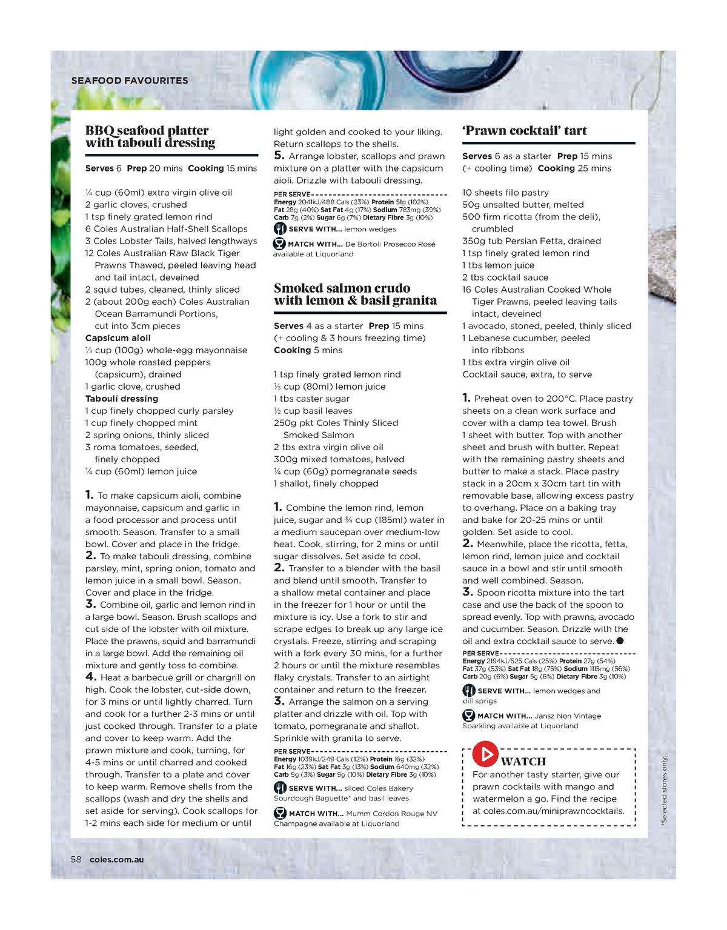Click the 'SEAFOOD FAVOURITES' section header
[130, 81]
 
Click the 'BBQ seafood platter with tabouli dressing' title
[150, 136]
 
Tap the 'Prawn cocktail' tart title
[524, 130]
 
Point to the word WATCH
[523, 762]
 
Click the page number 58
[76, 859]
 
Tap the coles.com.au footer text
[116, 859]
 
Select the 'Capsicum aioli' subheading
[118, 338]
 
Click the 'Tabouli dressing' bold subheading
[121, 399]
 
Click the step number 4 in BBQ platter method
[91, 677]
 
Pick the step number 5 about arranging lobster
[279, 156]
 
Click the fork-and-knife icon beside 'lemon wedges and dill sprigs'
[468, 691]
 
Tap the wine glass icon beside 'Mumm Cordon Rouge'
[280, 813]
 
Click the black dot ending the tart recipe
[620, 640]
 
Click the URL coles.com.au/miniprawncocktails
[548, 811]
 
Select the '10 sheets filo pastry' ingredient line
[505, 193]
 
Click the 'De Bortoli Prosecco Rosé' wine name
[390, 244]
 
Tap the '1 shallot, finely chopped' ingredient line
[326, 483]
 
